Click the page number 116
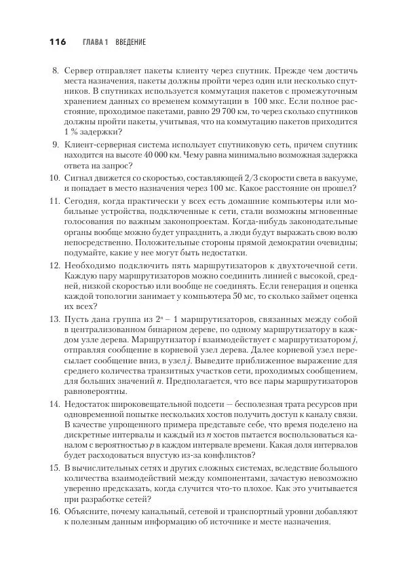tap(57, 42)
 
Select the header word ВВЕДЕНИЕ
tap(130, 42)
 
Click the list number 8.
tap(56, 70)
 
